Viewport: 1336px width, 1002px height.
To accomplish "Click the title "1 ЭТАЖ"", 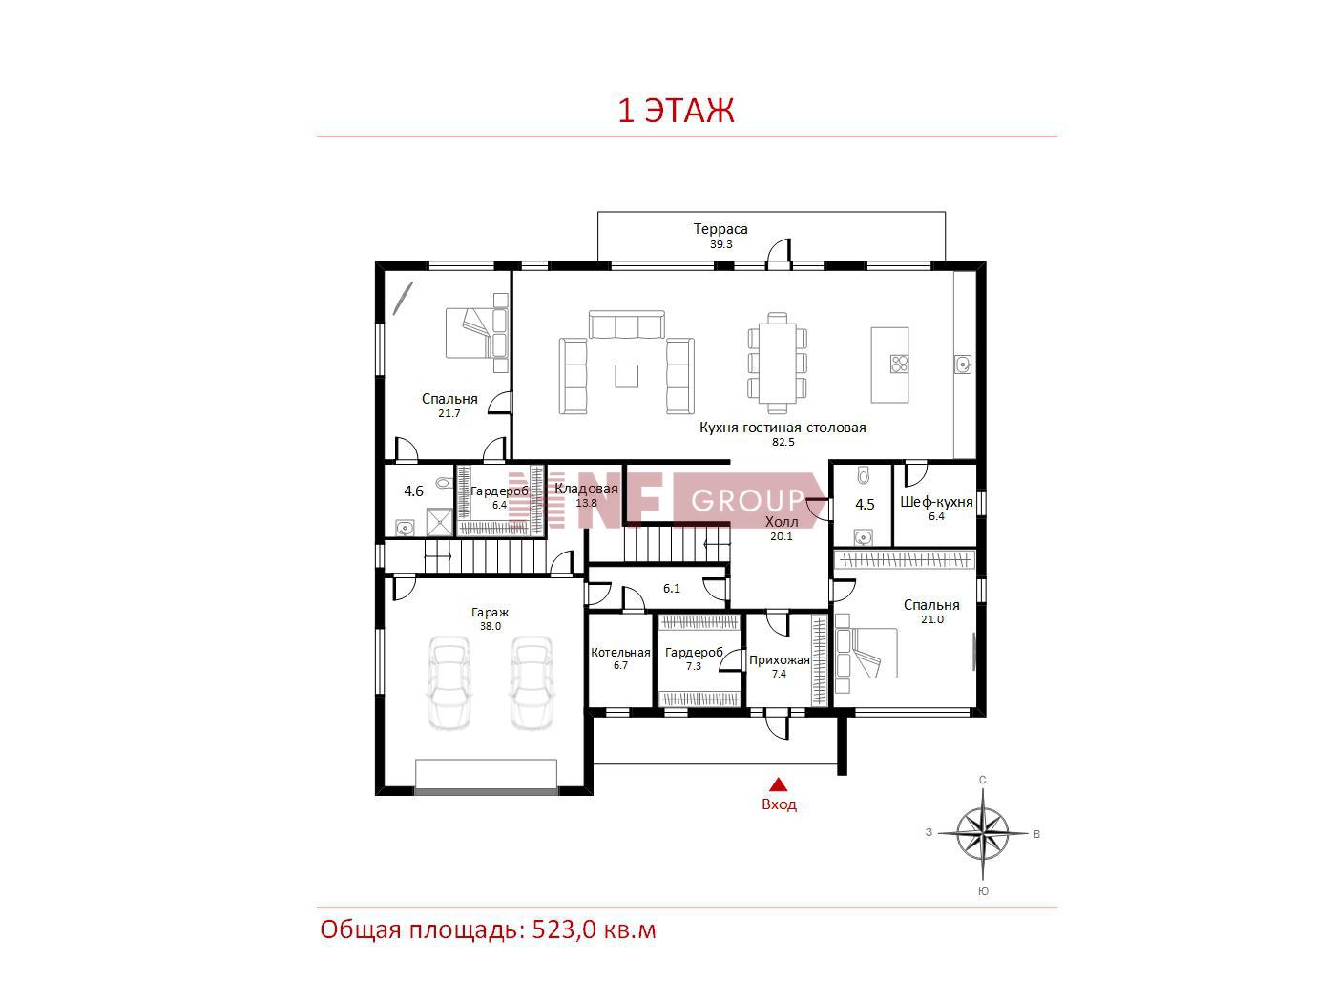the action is [676, 111].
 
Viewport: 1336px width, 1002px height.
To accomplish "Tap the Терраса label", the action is [720, 229].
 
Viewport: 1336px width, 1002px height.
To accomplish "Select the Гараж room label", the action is [490, 613].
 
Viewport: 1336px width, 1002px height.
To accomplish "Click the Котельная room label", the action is [620, 653].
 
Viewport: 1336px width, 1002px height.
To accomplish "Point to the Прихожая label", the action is [779, 660].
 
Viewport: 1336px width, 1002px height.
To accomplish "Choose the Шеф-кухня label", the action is [936, 502].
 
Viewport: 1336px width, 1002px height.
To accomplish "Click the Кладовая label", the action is [586, 489].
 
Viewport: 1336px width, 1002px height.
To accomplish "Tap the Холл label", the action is [782, 522].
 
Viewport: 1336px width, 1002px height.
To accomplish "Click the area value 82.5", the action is [783, 442].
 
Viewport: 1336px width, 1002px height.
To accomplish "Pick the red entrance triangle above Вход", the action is [779, 784].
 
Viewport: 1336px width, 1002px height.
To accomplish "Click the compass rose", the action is [982, 833].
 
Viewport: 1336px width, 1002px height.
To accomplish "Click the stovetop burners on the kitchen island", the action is [899, 364].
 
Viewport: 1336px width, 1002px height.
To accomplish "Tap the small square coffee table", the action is [626, 376].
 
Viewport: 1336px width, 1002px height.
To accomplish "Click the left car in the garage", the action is [449, 682].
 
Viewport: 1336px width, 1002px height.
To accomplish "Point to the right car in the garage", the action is [532, 682].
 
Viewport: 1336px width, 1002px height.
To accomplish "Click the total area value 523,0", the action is [564, 930].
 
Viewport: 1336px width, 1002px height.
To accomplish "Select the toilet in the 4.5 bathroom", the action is [863, 475].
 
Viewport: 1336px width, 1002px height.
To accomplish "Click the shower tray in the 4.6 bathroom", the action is [440, 522].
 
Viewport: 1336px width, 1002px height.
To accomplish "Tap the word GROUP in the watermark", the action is [748, 501].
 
